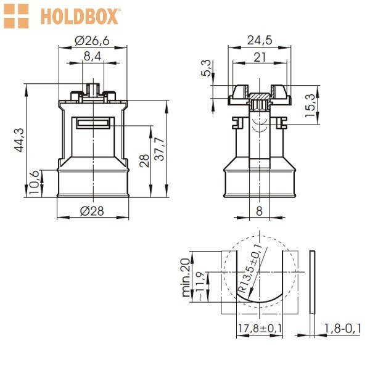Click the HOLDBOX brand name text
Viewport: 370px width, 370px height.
[x=80, y=16]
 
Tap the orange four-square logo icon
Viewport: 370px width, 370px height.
[x=16, y=16]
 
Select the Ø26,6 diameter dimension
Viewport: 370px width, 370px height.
[x=92, y=41]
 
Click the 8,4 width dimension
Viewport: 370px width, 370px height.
[x=92, y=57]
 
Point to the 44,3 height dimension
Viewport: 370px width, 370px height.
[x=19, y=140]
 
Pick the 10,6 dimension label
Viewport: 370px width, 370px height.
[x=34, y=183]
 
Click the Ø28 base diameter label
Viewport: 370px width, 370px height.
[x=92, y=211]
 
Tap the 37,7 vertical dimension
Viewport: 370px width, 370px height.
[x=160, y=149]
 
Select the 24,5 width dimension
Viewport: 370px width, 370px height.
[x=260, y=40]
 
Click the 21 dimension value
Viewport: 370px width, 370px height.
[x=260, y=57]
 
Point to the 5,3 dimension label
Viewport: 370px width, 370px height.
[x=206, y=68]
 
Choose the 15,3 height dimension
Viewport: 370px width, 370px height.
[x=310, y=105]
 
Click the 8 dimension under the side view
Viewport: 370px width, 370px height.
[x=259, y=211]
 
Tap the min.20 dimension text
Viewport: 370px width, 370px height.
[x=186, y=277]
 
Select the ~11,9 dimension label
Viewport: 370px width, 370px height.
[x=200, y=286]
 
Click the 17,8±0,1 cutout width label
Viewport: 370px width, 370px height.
[x=260, y=328]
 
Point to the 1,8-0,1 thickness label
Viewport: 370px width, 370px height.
[x=342, y=328]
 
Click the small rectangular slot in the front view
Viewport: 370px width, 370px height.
[x=93, y=123]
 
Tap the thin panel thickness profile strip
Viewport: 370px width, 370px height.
[x=312, y=282]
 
